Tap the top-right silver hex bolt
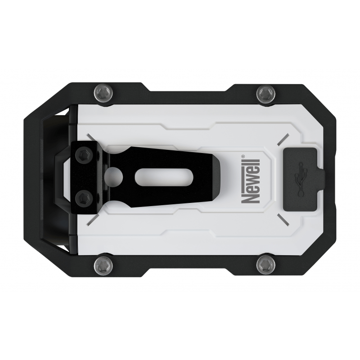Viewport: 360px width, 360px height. [x=265, y=94]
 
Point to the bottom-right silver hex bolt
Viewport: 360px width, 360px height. [x=265, y=264]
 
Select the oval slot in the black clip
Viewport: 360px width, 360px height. [x=155, y=176]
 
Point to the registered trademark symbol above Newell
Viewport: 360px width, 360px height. [x=243, y=157]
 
